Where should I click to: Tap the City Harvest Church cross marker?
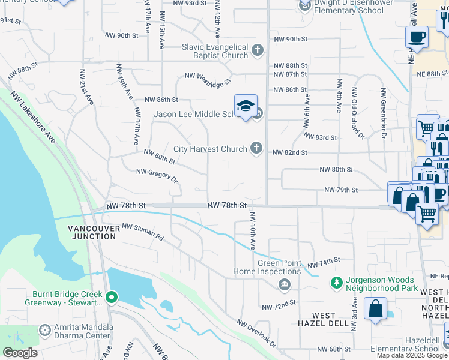(x=257, y=149)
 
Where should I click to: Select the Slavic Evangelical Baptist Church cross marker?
(x=258, y=50)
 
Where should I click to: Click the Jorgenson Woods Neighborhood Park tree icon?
(x=336, y=282)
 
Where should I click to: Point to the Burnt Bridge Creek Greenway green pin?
(x=111, y=296)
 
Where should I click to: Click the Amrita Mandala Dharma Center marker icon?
(x=44, y=330)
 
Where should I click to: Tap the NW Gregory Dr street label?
(x=157, y=175)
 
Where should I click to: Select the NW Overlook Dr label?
(x=256, y=334)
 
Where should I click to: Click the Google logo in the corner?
(x=20, y=353)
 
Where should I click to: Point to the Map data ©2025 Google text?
(x=412, y=355)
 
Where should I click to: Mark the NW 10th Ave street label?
(x=253, y=230)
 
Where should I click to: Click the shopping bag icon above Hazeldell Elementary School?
(x=375, y=309)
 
